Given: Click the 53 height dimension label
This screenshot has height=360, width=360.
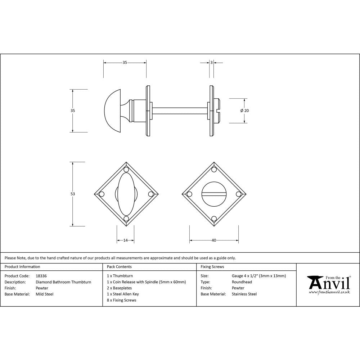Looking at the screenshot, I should point(73,194).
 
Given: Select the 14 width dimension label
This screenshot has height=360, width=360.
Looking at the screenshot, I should point(125,240).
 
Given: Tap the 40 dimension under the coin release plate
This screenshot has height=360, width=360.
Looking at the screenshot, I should point(214,240).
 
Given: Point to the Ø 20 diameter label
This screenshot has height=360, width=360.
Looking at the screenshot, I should point(245,111).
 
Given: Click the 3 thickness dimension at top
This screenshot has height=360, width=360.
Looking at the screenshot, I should point(211,62).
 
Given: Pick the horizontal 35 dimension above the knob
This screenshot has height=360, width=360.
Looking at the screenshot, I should point(125,62).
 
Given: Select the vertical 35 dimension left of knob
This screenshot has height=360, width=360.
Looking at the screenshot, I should point(73,111).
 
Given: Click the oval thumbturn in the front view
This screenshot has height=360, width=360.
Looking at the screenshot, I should point(126,194).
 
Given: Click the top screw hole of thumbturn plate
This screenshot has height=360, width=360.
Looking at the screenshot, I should point(126,170).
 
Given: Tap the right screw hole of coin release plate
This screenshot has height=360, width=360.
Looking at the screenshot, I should point(238,194).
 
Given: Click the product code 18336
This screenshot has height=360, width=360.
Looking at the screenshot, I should point(41,276).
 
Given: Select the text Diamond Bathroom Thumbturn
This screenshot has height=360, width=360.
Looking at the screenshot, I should point(63,282).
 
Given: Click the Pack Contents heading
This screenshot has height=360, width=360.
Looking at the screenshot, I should point(119,267).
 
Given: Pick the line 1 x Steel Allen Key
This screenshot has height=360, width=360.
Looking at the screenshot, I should point(123,294).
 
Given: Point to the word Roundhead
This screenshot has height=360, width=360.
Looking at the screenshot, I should point(242,282).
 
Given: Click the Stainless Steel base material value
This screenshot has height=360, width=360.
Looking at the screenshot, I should point(244,294).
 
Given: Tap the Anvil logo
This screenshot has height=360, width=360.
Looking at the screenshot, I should point(328,284).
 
